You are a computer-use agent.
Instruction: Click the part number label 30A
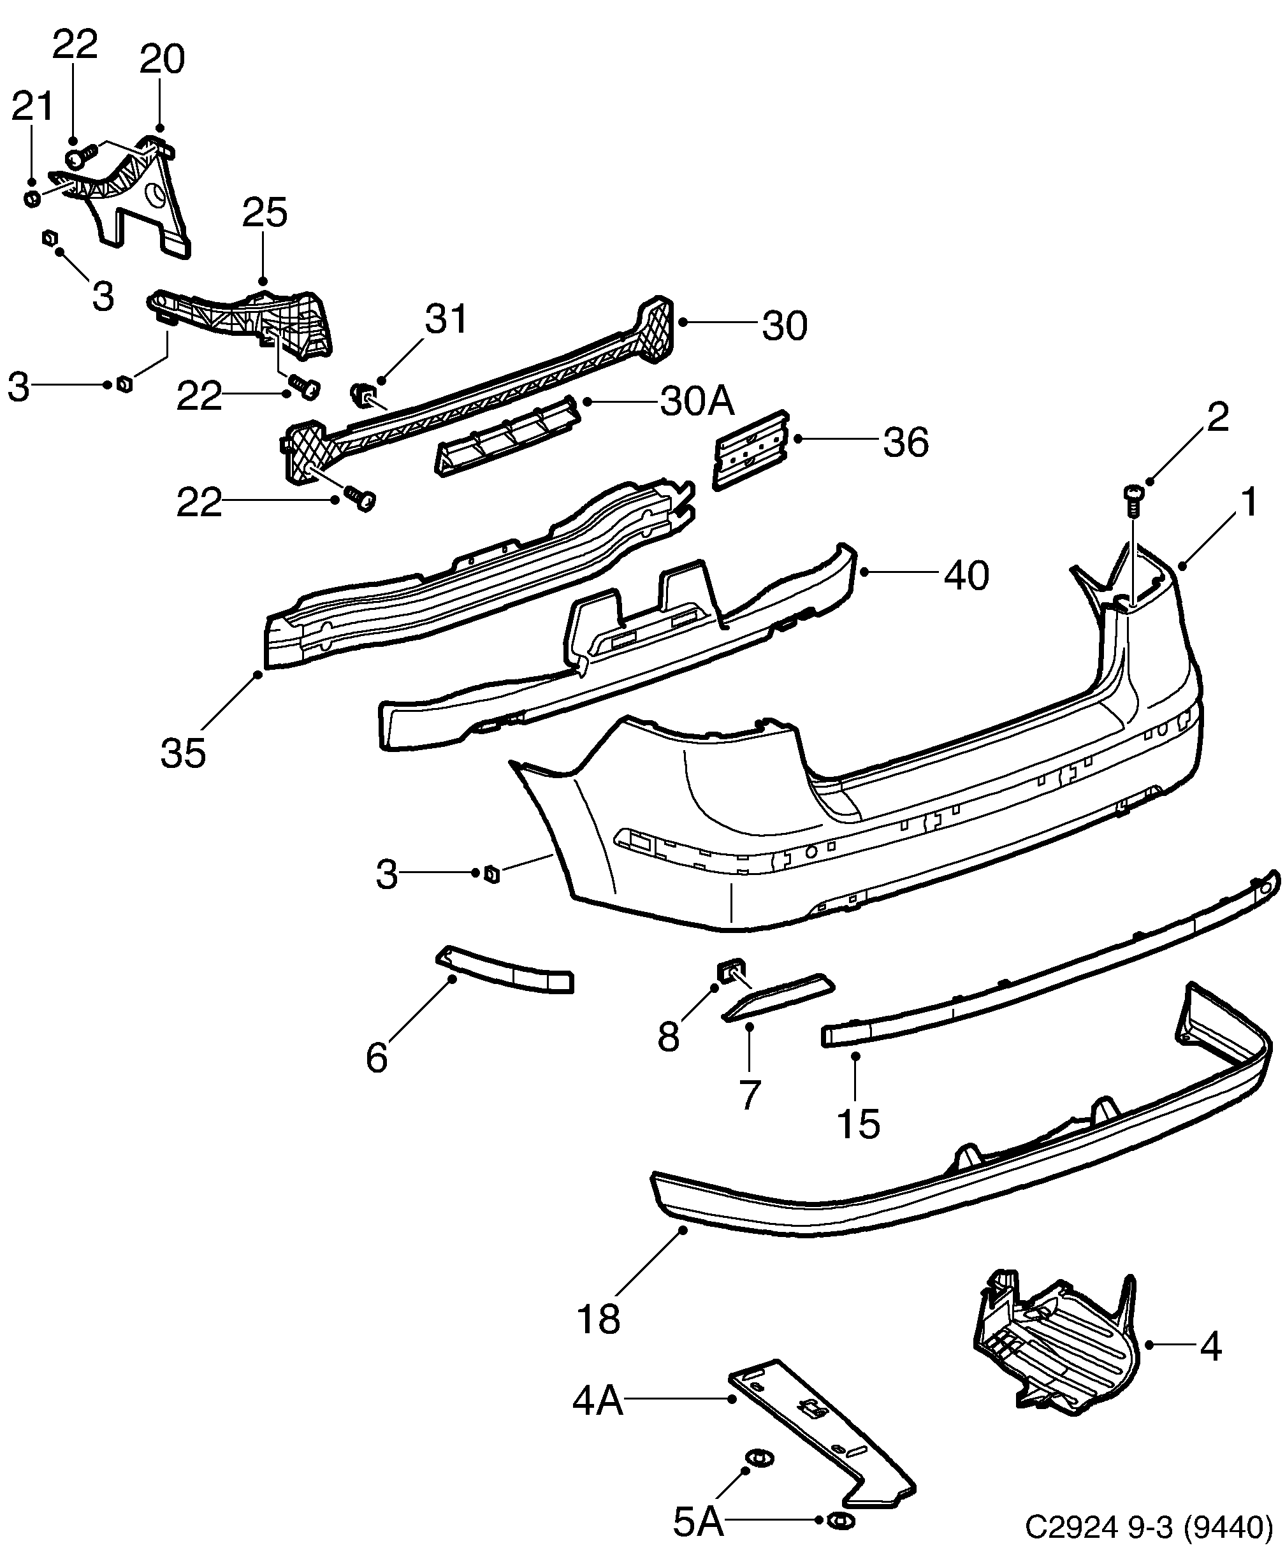pos(697,401)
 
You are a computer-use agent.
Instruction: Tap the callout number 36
pos(905,443)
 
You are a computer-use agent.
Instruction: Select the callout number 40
pos(966,575)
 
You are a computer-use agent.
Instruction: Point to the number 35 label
pos(183,753)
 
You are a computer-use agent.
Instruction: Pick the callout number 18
pos(598,1319)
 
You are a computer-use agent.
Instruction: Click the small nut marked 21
pos(32,199)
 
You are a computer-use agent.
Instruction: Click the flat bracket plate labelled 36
pos(750,451)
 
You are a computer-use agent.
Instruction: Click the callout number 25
pos(265,213)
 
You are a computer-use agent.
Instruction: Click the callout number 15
pos(858,1124)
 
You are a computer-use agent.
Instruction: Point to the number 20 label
pos(161,59)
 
